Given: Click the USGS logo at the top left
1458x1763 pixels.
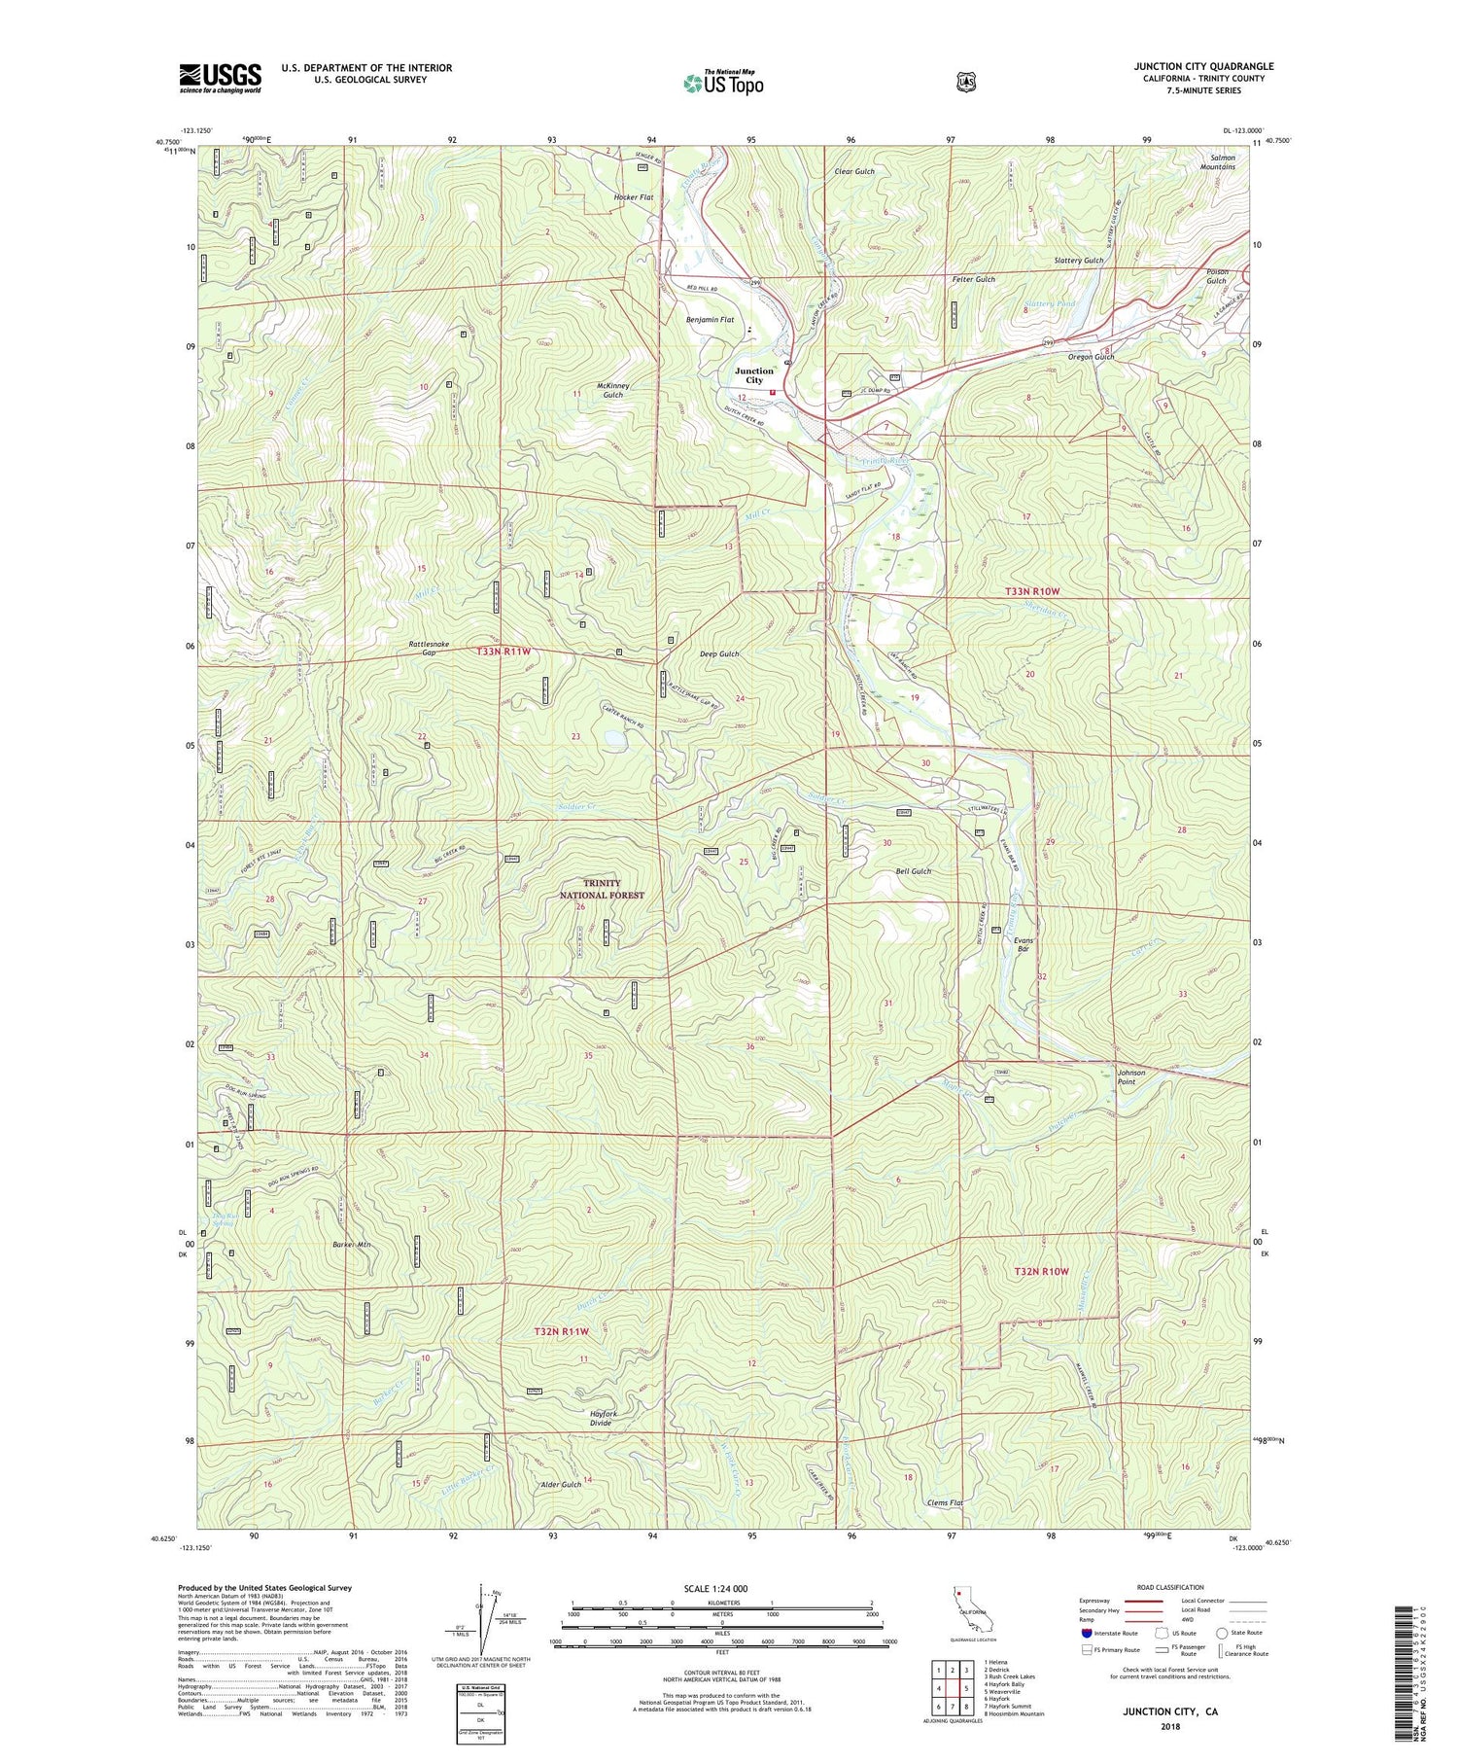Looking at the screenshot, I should point(220,78).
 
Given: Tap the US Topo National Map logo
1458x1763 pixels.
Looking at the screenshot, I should point(723,82).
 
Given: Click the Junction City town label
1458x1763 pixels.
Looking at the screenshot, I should point(754,375).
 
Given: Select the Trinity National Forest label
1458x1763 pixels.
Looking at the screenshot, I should point(602,889).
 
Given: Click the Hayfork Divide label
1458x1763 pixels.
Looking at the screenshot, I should point(604,1418).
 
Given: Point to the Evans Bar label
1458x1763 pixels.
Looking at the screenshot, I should point(1023,944).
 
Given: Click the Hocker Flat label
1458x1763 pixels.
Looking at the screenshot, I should point(633,197).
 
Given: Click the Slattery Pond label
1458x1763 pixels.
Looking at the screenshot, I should point(1049,304).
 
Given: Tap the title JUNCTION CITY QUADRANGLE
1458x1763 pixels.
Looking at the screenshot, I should point(1202,66).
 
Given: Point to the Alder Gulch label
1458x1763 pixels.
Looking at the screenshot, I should point(560,1485).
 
